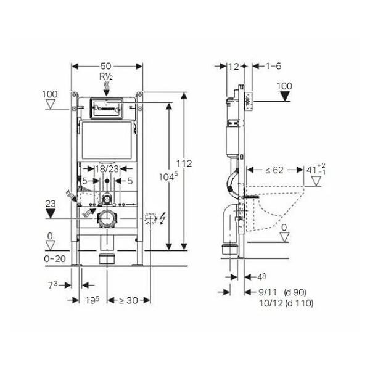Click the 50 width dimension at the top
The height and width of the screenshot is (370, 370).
tap(105, 66)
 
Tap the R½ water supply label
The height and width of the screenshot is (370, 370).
tap(106, 76)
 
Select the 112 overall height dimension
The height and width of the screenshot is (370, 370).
tap(184, 163)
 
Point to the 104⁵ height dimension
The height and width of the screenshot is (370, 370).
tap(168, 176)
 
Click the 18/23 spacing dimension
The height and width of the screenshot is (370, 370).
tap(107, 169)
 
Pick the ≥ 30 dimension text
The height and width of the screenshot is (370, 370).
tap(128, 300)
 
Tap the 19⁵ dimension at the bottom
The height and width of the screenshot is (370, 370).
tap(92, 300)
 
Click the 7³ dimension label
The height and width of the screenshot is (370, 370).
tap(52, 285)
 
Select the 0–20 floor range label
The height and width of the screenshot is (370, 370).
tap(55, 259)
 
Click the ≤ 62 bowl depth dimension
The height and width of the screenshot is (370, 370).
tap(274, 170)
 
